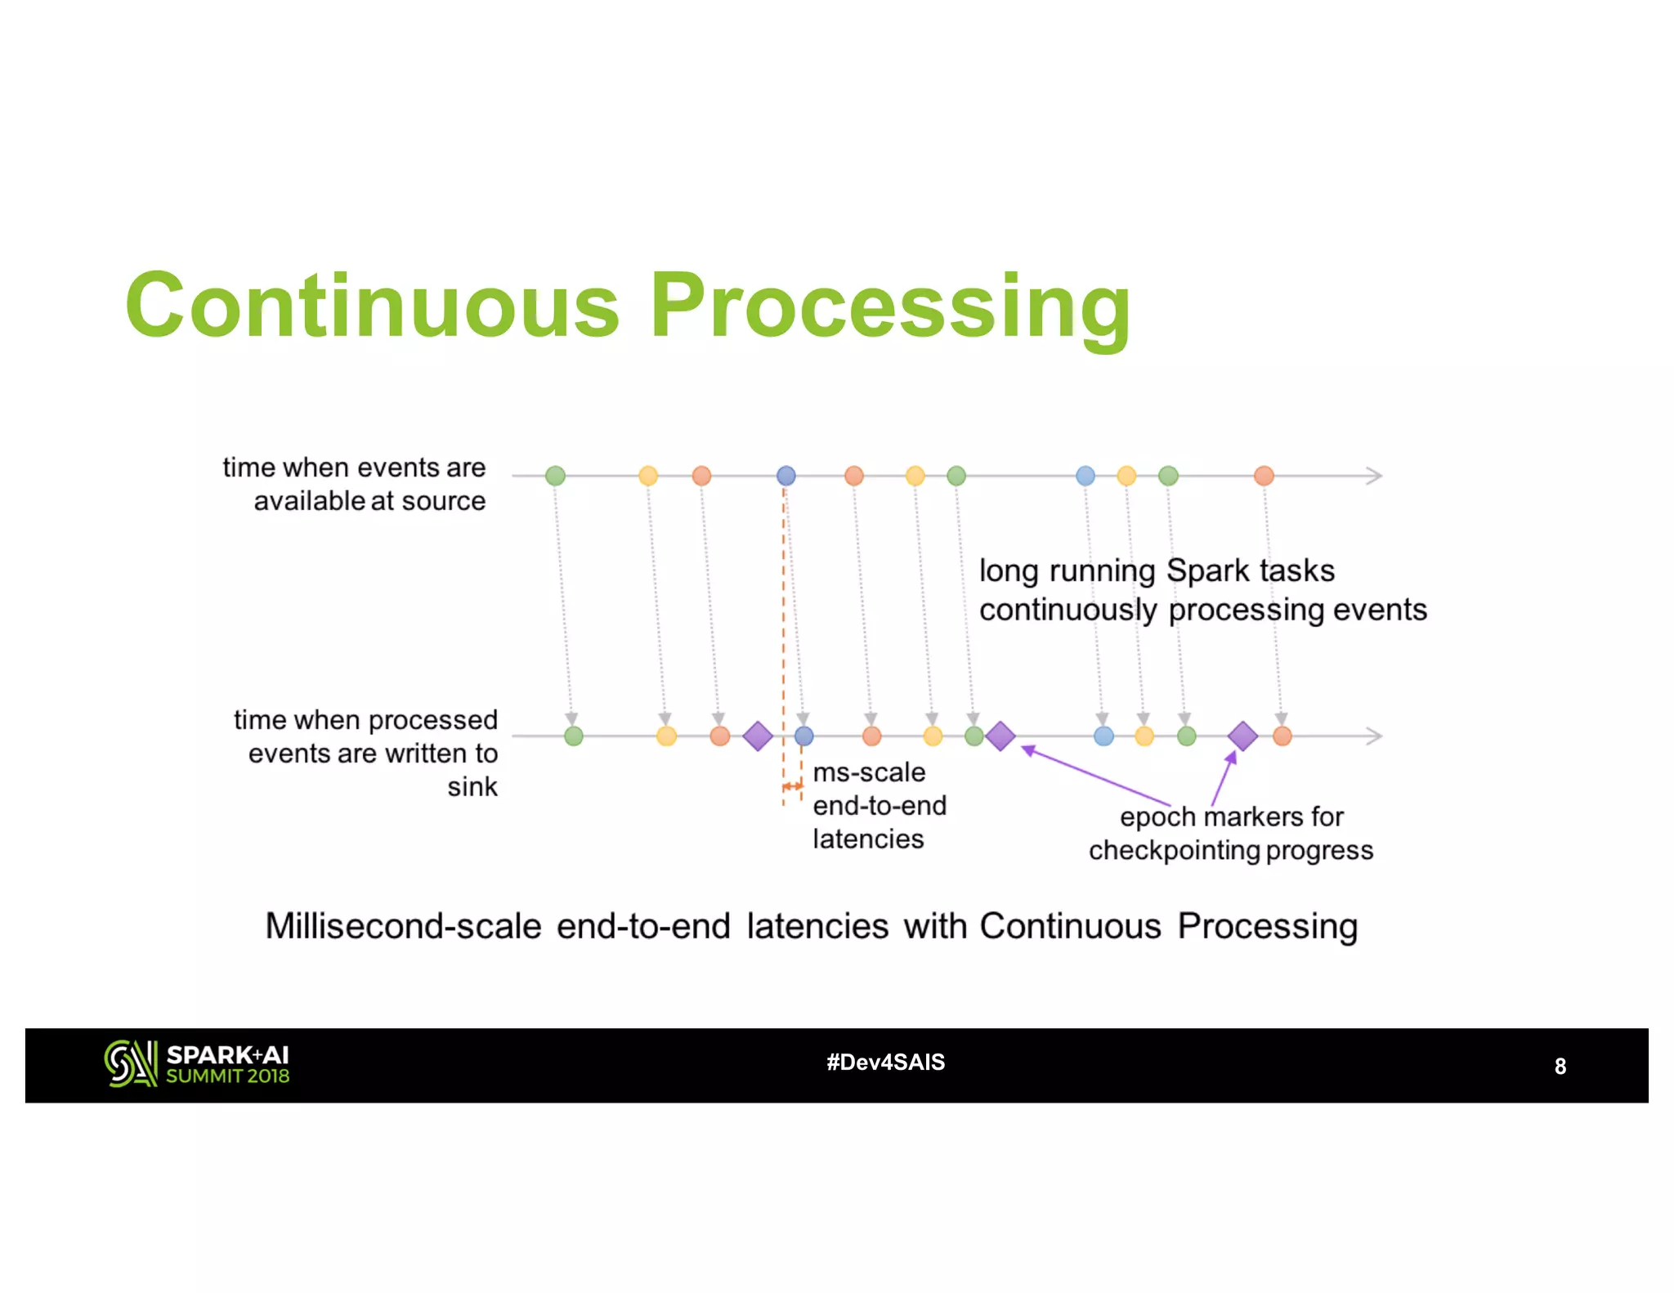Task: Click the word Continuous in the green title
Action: tap(372, 306)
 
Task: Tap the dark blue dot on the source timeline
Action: tap(786, 476)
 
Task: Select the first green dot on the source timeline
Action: tap(555, 476)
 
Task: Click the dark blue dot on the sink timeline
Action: tap(804, 736)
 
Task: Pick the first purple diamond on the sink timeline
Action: tap(758, 736)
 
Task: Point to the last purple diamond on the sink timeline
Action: tap(1242, 736)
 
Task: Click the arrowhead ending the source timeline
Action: tap(1375, 476)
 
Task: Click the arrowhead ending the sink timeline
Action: tap(1375, 736)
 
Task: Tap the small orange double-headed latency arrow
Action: tap(792, 786)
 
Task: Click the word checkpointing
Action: tap(1174, 850)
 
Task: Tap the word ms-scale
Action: tap(869, 772)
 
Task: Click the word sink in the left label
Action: tap(472, 786)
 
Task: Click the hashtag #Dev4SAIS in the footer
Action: tap(885, 1063)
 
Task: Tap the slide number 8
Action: tap(1560, 1067)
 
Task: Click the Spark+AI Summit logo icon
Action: tap(130, 1063)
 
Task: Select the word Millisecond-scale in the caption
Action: tap(403, 926)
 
